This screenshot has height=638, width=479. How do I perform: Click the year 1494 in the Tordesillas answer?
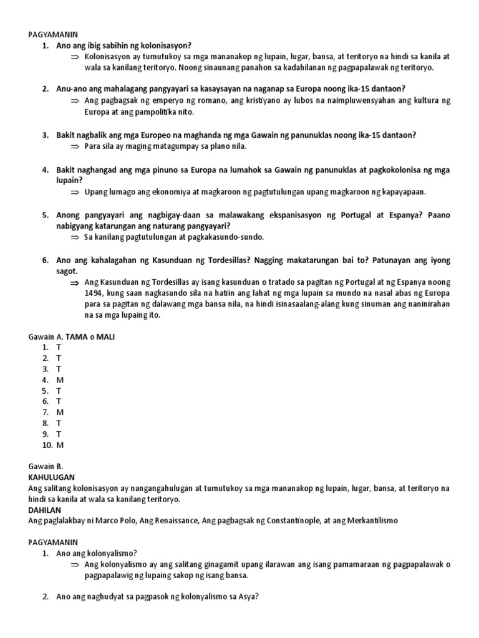pyautogui.click(x=94, y=293)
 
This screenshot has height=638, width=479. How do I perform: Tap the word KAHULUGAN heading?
pyautogui.click(x=51, y=477)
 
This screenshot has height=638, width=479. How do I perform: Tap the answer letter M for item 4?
pyautogui.click(x=59, y=379)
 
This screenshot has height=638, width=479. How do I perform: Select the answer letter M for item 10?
pyautogui.click(x=60, y=445)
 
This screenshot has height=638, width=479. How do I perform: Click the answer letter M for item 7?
pyautogui.click(x=60, y=412)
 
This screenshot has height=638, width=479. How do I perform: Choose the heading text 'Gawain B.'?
pyautogui.click(x=46, y=466)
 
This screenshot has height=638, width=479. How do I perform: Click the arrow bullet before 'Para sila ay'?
pyautogui.click(x=75, y=146)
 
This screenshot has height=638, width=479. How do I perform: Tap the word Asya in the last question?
pyautogui.click(x=244, y=596)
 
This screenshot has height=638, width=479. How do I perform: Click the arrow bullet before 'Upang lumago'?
pyautogui.click(x=75, y=192)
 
